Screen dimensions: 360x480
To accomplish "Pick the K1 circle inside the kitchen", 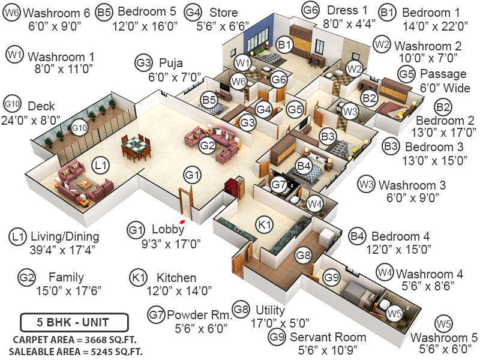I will pyautogui.click(x=265, y=225).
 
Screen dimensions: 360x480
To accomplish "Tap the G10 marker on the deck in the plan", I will pyautogui.click(x=80, y=128).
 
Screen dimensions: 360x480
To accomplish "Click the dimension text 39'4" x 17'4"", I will pyautogui.click(x=56, y=249).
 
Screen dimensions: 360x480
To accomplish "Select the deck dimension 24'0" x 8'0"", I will pyautogui.click(x=36, y=119).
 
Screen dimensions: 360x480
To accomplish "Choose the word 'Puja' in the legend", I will pyautogui.click(x=170, y=62).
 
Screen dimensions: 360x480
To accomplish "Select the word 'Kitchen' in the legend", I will pyautogui.click(x=176, y=278).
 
